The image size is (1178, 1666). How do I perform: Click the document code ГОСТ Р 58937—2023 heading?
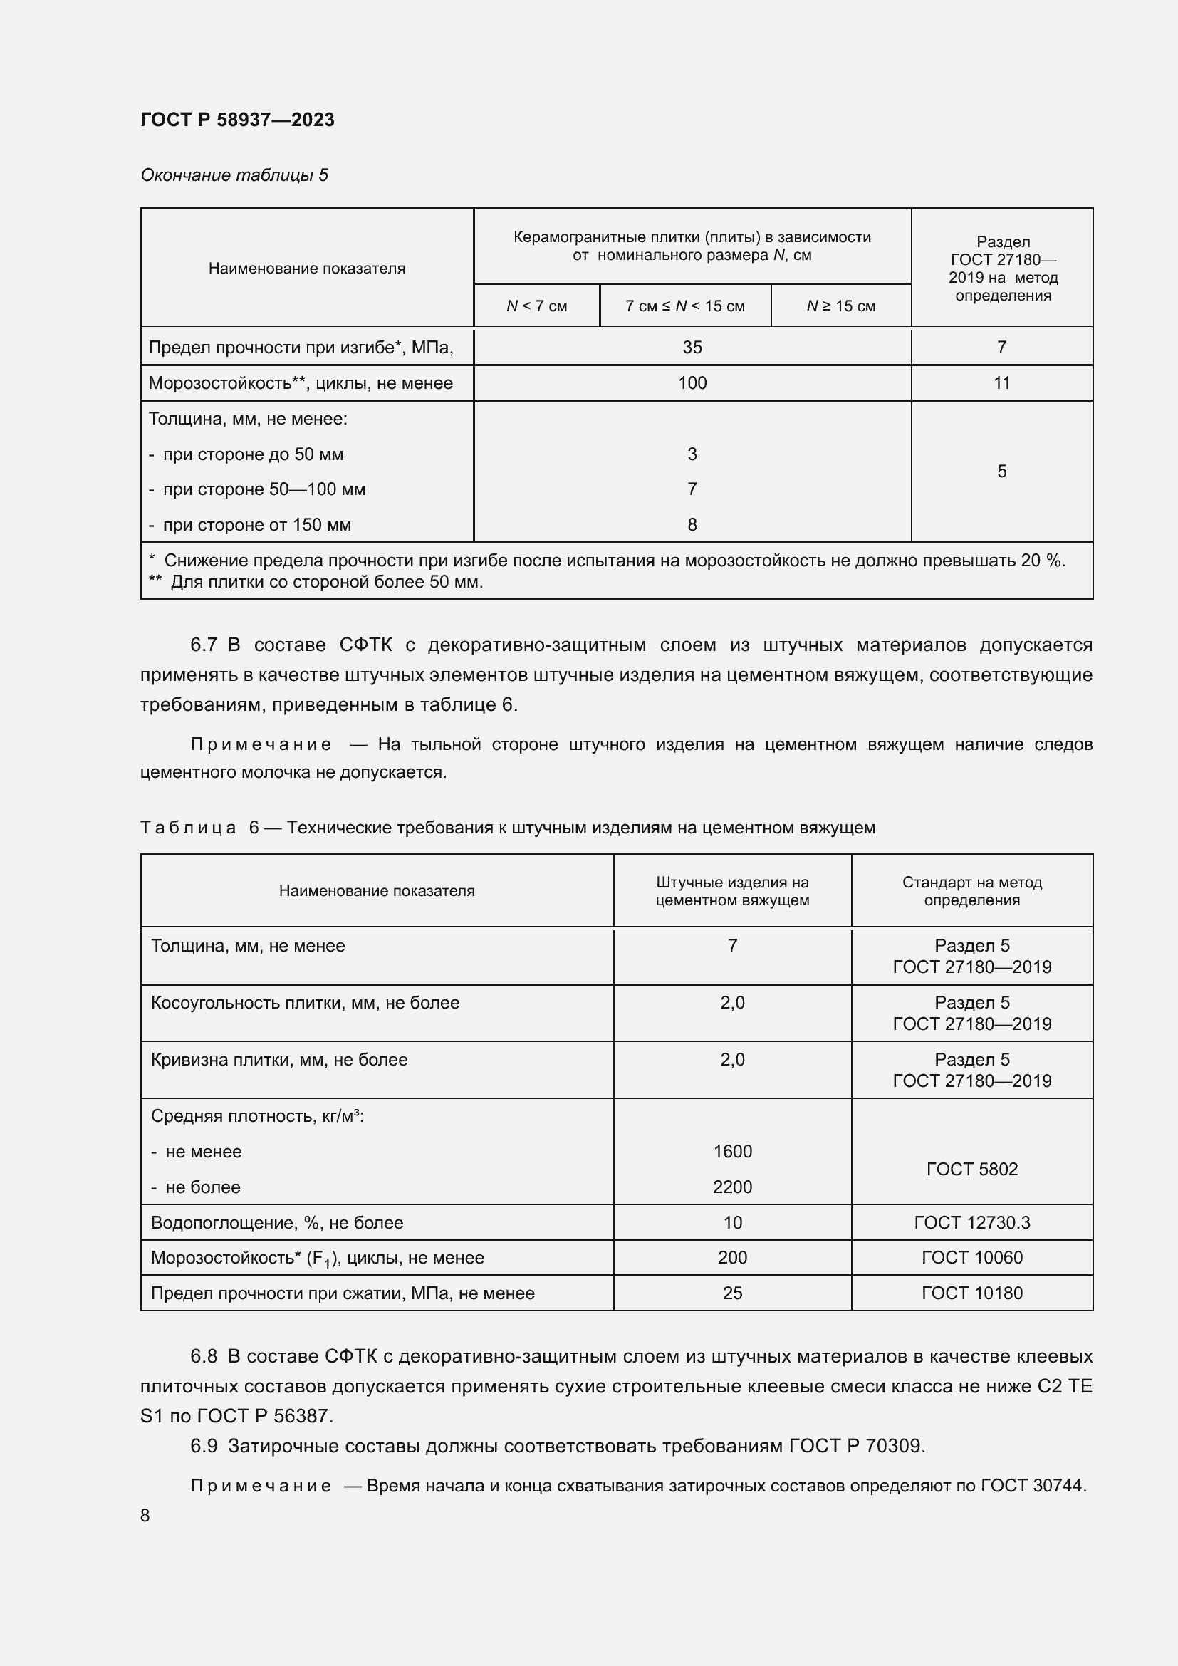coord(237,120)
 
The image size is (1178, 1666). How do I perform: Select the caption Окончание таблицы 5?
coord(234,175)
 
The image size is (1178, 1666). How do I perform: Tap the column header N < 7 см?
coord(536,306)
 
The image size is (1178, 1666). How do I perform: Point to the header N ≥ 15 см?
coord(840,306)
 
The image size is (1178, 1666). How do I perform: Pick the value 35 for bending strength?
coord(692,348)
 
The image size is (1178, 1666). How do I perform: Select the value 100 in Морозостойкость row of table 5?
coord(692,383)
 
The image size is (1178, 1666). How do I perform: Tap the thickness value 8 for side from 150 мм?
coord(692,525)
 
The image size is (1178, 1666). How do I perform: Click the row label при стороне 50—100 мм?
coord(264,489)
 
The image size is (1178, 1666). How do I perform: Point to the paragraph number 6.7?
coord(203,645)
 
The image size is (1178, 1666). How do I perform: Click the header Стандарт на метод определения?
coord(971,891)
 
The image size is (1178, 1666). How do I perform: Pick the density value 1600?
coord(732,1152)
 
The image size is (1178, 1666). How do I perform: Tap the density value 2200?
coord(732,1187)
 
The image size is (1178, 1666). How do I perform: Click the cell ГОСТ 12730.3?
coord(971,1223)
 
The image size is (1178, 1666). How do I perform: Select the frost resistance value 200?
coord(732,1257)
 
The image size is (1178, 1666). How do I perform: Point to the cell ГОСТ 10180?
coord(971,1293)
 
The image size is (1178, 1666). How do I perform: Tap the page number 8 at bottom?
coord(145,1516)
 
